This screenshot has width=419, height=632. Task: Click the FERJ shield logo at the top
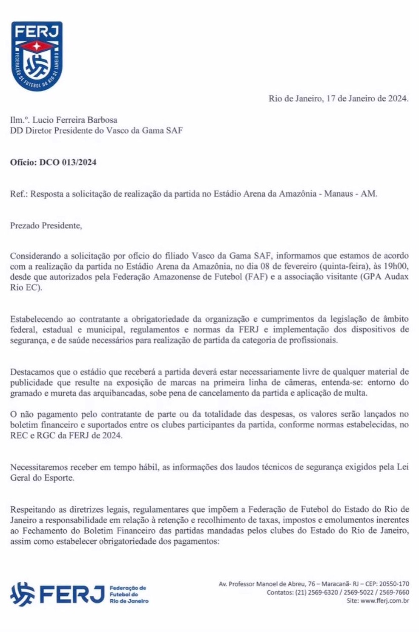click(37, 56)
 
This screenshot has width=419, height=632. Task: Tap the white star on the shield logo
click(37, 46)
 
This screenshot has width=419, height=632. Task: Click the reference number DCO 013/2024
click(68, 162)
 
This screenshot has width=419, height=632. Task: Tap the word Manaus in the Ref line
click(338, 193)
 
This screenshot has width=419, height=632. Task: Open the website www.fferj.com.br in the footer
click(385, 601)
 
